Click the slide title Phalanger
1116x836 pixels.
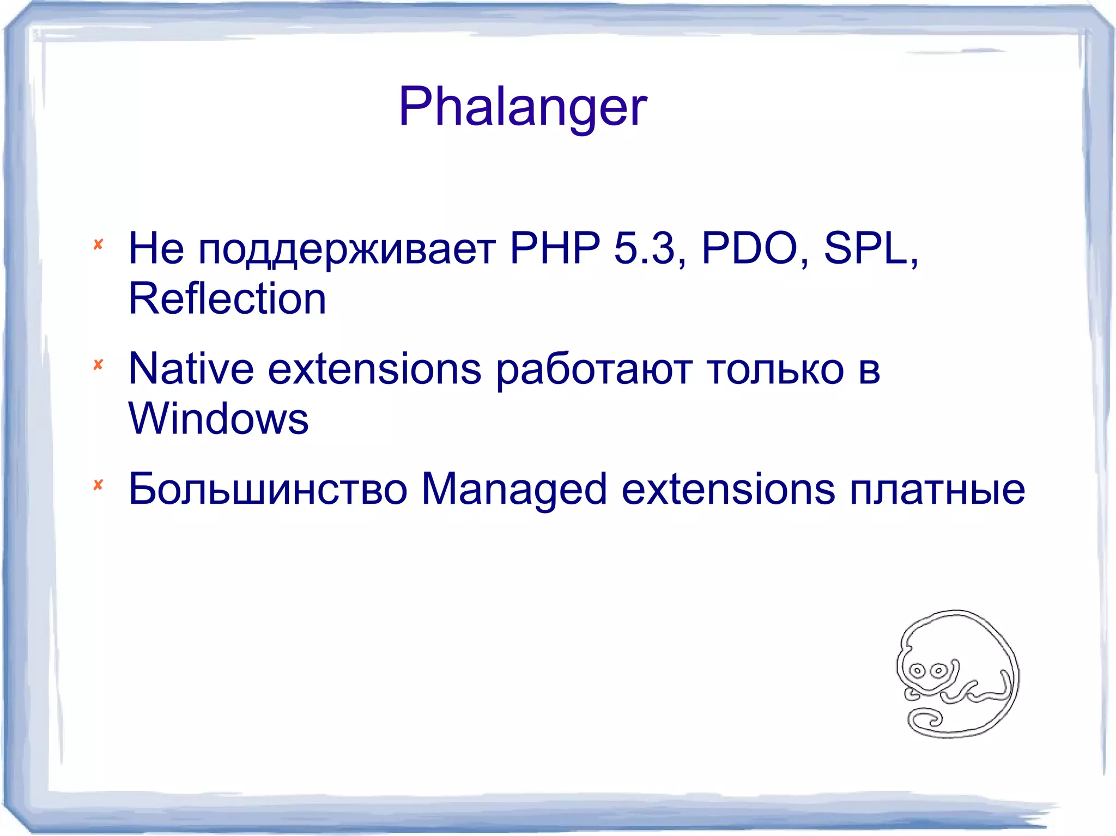(x=522, y=107)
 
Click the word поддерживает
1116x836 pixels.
(x=347, y=249)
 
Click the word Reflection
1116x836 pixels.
(x=227, y=299)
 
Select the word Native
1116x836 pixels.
(x=191, y=369)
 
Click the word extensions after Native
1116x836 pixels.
(x=374, y=369)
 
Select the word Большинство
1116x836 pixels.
(x=268, y=489)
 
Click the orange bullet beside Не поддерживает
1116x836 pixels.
(x=98, y=245)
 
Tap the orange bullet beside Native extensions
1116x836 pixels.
(x=98, y=364)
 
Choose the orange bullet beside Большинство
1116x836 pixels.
(x=98, y=485)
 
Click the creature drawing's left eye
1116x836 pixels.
(x=917, y=670)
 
